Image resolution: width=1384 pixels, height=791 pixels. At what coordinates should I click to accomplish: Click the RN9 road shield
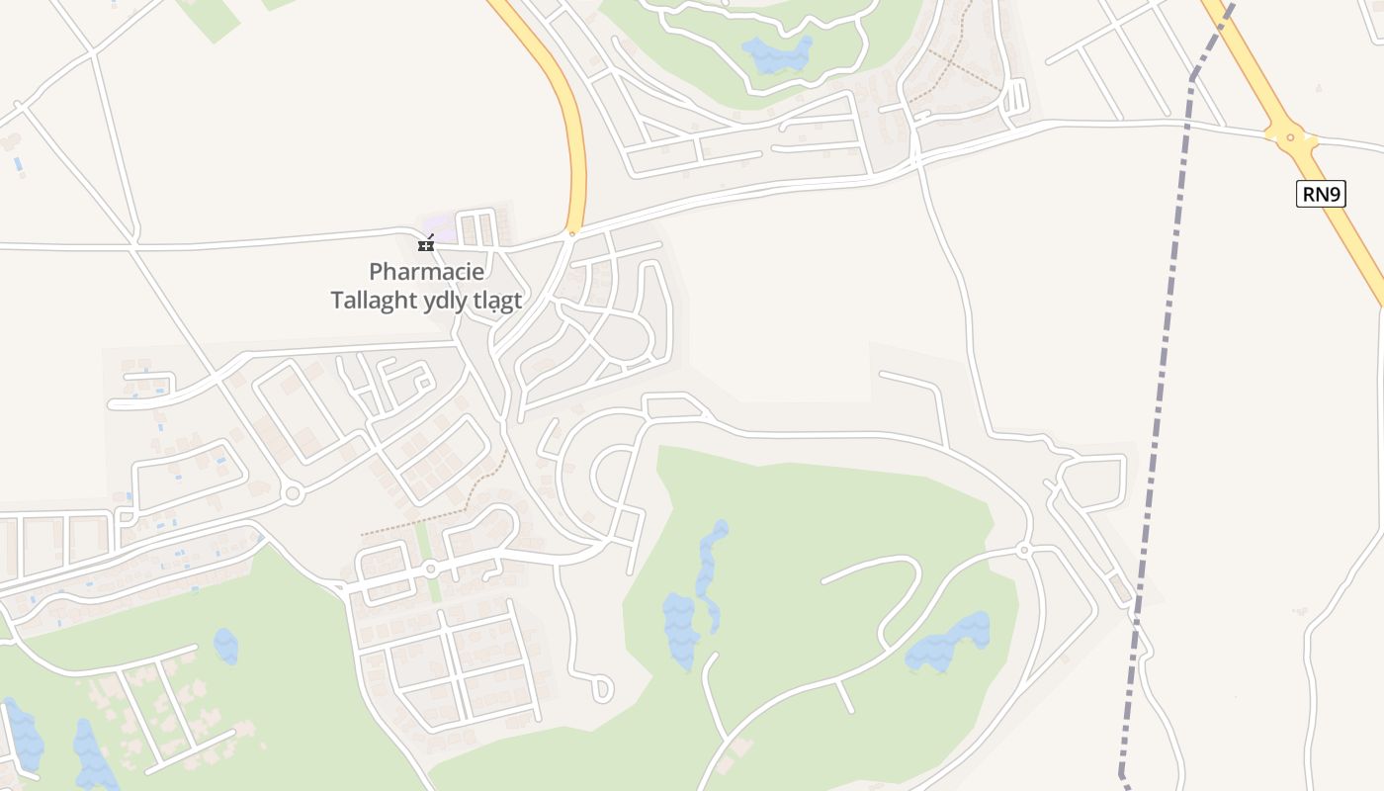1321,194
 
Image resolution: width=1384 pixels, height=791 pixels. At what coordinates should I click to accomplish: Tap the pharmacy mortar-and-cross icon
426,243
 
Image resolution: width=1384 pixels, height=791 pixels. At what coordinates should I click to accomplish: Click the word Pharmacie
427,271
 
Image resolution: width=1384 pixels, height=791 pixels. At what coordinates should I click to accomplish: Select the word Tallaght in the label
375,300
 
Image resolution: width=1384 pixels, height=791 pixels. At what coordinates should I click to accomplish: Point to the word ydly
449,301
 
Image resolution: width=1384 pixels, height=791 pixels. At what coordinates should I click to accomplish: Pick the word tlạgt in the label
499,301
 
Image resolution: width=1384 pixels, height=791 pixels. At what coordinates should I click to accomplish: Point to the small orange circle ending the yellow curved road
571,233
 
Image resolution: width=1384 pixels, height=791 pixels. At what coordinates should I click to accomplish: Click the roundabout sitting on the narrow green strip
430,569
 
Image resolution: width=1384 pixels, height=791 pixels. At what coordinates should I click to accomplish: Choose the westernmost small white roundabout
292,492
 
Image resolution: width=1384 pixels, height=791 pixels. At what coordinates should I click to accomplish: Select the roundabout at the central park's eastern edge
1024,550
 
